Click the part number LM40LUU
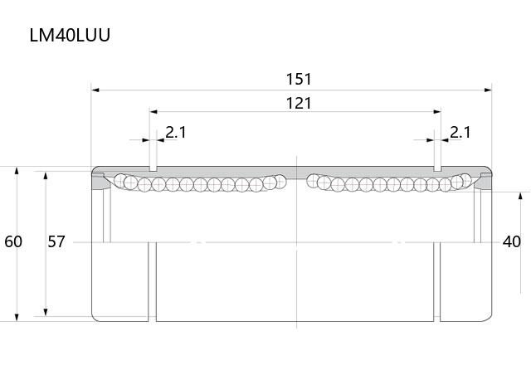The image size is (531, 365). click(x=70, y=35)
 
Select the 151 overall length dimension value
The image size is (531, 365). click(x=299, y=80)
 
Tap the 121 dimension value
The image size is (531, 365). click(x=299, y=103)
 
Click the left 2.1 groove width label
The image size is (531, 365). click(x=176, y=133)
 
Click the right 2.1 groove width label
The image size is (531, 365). click(x=460, y=133)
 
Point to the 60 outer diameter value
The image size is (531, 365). click(x=13, y=241)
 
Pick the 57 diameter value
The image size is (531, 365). click(x=56, y=241)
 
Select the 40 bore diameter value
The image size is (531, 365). click(x=512, y=241)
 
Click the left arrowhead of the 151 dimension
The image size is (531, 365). click(x=95, y=90)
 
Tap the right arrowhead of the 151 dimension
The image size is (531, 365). click(x=488, y=90)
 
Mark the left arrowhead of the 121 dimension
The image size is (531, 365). click(x=153, y=112)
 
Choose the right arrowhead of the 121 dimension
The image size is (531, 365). click(x=437, y=112)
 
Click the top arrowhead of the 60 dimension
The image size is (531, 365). click(x=17, y=170)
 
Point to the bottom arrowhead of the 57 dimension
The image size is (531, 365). click(x=46, y=312)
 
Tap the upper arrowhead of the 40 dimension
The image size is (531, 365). click(x=520, y=196)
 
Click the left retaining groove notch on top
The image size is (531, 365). click(x=153, y=168)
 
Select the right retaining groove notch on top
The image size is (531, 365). click(x=437, y=168)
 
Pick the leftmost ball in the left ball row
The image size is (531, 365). click(x=120, y=181)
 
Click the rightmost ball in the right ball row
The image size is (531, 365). click(x=465, y=181)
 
